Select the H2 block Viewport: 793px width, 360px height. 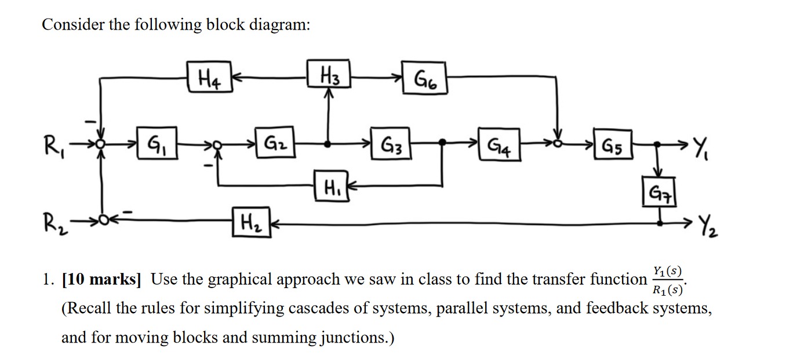[249, 221]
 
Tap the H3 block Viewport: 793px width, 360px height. [328, 75]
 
